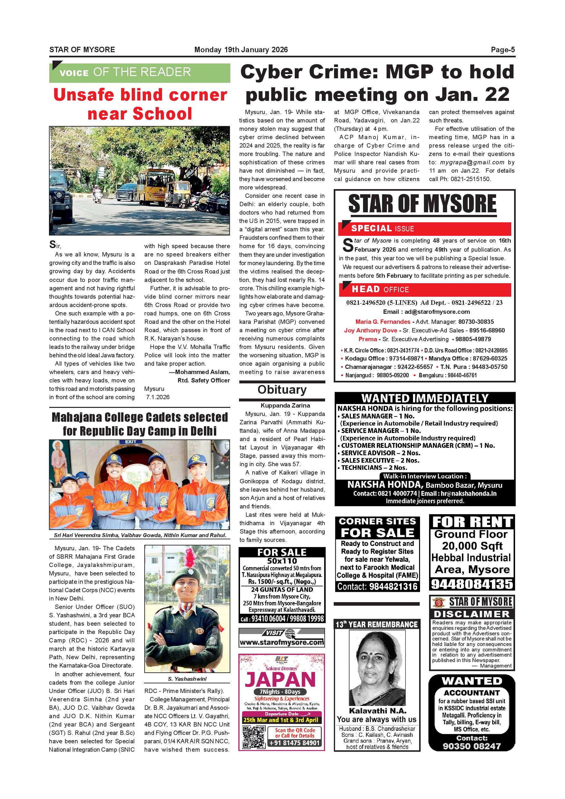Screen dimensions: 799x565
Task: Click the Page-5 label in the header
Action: pyautogui.click(x=503, y=50)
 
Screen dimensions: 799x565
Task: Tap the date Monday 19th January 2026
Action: pyautogui.click(x=241, y=50)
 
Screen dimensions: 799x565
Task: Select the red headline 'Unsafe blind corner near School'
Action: pyautogui.click(x=140, y=104)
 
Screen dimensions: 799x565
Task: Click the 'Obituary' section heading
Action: pyautogui.click(x=282, y=390)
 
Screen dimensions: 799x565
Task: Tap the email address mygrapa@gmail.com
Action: pyautogui.click(x=472, y=162)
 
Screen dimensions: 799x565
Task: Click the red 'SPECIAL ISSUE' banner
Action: pyautogui.click(x=425, y=229)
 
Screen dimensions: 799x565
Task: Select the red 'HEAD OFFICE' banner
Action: pyautogui.click(x=425, y=290)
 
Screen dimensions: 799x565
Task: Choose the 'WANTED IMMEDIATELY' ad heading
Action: pyautogui.click(x=425, y=398)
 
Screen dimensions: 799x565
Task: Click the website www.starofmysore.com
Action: pyautogui.click(x=282, y=642)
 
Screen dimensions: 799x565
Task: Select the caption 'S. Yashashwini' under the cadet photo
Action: pyautogui.click(x=187, y=679)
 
